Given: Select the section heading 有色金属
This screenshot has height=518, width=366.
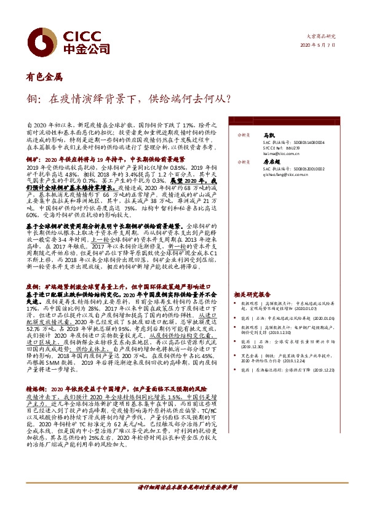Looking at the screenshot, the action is [44, 78].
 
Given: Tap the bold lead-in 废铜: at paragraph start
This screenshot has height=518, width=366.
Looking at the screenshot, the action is [32, 270].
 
